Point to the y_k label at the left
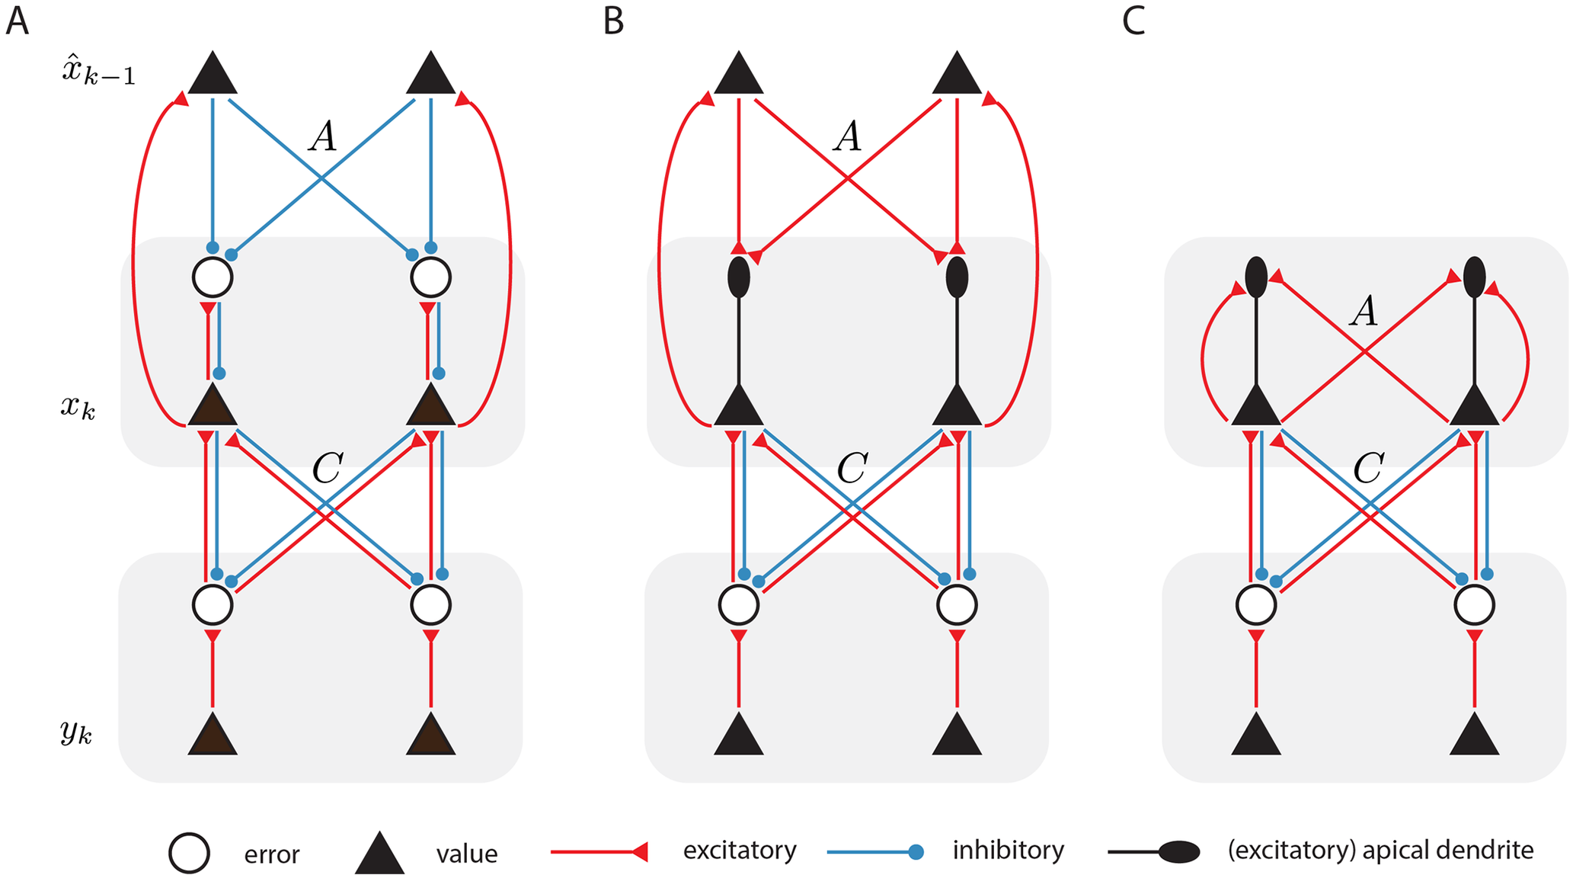[76, 732]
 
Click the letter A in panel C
[1364, 312]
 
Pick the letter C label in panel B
[852, 468]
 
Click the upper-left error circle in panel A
[213, 277]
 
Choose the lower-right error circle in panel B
[958, 605]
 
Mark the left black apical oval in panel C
[1256, 277]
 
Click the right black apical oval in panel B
[957, 277]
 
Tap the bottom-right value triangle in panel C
[1474, 736]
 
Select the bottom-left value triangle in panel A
[213, 736]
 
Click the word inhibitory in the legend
[1008, 850]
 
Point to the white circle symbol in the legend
[189, 853]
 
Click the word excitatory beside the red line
[739, 850]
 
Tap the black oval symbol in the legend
[1179, 852]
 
